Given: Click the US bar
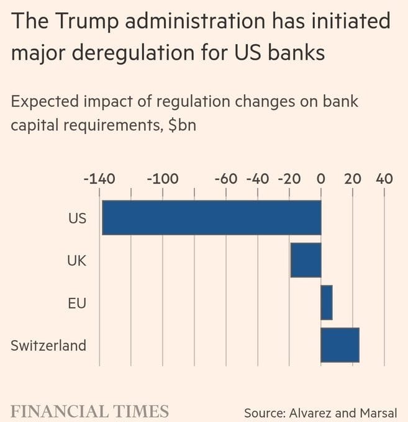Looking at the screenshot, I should point(211,217).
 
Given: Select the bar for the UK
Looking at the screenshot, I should point(306,260).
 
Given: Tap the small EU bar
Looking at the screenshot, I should point(327,302).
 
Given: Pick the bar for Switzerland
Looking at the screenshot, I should point(340,344).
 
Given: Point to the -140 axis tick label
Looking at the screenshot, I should point(99,179).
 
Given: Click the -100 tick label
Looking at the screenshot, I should point(163,179).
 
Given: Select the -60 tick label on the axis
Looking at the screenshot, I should point(226,179).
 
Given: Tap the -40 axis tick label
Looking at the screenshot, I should point(258,179).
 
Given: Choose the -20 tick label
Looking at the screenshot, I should point(289,179).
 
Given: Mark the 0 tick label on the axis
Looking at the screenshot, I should point(321,179).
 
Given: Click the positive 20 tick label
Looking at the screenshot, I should point(353,179).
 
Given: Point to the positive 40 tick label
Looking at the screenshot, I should point(384,179).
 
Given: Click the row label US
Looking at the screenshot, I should point(77,218).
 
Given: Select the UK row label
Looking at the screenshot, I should point(76,261).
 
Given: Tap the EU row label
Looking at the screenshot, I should point(76,303).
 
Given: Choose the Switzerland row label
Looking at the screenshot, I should point(48,345).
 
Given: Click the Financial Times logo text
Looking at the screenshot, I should point(90,411).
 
